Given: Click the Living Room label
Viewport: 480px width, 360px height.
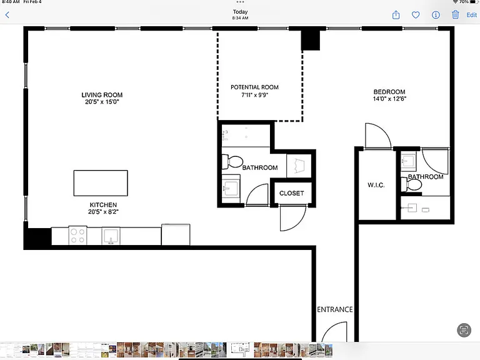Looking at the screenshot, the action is [x=102, y=95].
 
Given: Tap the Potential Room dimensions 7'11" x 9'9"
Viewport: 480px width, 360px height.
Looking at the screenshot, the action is [x=254, y=95].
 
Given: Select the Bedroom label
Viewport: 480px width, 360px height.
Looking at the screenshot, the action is [x=389, y=92].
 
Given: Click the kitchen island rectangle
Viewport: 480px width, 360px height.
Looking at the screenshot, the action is [x=101, y=183].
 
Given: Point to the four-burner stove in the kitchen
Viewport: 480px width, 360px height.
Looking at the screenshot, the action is [x=77, y=236].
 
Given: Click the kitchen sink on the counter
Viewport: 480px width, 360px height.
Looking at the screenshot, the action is [x=111, y=236].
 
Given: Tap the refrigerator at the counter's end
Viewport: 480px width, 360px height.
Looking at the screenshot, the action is [x=176, y=234].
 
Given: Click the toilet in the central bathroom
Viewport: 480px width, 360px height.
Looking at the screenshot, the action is [x=232, y=162].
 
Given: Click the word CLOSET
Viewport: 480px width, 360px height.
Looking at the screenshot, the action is [x=291, y=193].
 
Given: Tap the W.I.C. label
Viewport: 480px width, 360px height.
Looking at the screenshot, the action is [x=376, y=185].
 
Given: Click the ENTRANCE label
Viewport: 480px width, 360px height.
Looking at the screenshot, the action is [x=334, y=309].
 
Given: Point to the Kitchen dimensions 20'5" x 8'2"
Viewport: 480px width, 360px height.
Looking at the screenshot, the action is [x=103, y=211].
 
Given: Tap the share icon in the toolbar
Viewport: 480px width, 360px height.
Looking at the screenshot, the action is [x=396, y=15].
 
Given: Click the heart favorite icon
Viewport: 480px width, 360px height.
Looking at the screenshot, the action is [x=416, y=15].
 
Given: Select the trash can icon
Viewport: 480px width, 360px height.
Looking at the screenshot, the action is [x=455, y=14].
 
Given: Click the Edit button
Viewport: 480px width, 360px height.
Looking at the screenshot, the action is [x=471, y=15].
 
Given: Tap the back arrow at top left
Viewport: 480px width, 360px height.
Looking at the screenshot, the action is [x=7, y=15].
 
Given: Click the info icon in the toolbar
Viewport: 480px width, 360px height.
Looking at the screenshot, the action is [x=436, y=15].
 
